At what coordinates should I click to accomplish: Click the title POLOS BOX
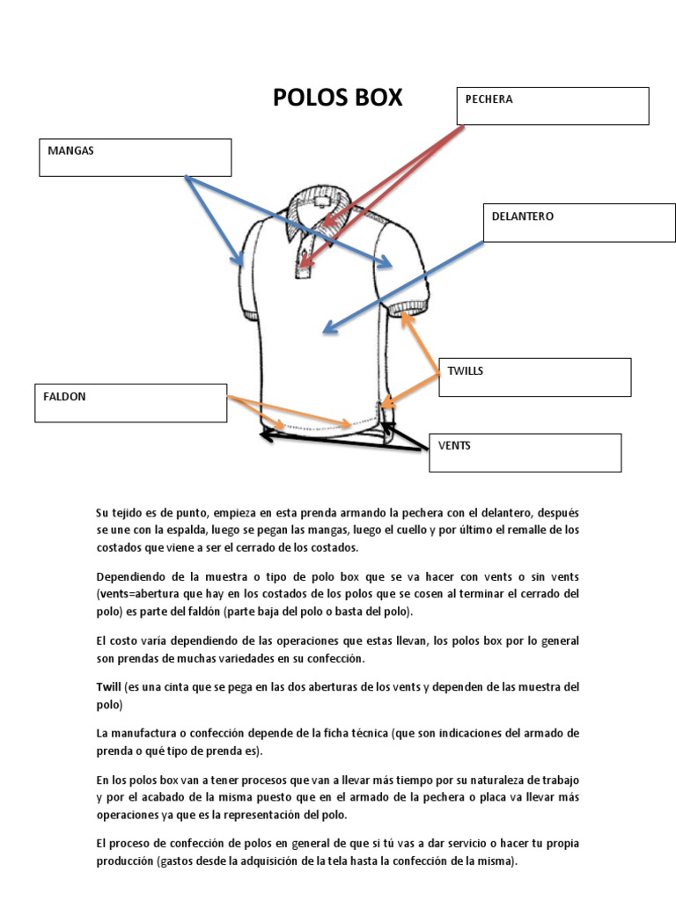click(x=337, y=98)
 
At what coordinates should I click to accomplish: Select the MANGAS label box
click(x=135, y=157)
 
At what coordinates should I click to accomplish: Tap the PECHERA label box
click(x=552, y=106)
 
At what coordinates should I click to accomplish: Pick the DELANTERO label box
click(x=579, y=223)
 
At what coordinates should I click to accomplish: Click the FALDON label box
click(x=130, y=403)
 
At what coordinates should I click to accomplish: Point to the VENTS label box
click(x=525, y=452)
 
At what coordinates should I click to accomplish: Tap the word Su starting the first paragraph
click(x=103, y=512)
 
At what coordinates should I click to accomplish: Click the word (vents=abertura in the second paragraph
click(x=140, y=594)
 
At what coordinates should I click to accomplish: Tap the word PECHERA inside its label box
click(x=489, y=99)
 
